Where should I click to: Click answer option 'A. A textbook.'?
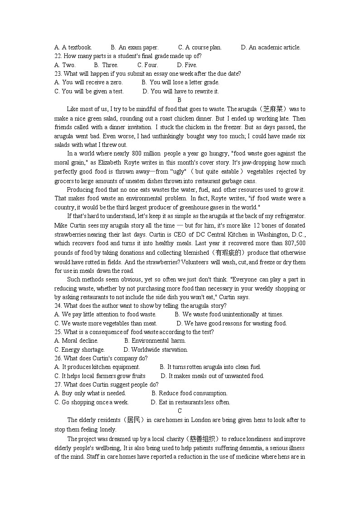[x=73, y=47]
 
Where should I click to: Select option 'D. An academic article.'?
[x=270, y=47]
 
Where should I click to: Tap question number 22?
[x=58, y=56]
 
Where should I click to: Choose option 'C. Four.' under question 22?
[x=148, y=65]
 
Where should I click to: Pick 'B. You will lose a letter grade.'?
[x=180, y=82]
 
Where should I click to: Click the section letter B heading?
[x=180, y=100]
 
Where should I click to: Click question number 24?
[x=58, y=305]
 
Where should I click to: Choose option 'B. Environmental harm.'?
[x=155, y=341]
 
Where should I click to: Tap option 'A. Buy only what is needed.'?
[x=90, y=393]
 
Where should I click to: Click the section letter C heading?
[x=180, y=411]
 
